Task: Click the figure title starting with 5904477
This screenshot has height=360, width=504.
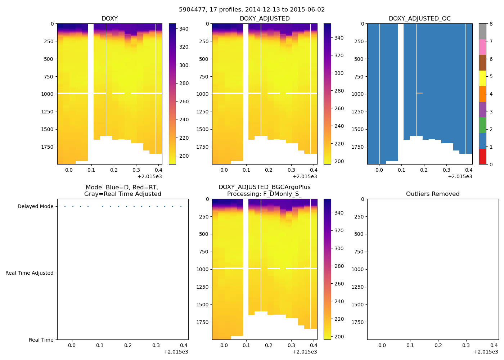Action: (x=252, y=9)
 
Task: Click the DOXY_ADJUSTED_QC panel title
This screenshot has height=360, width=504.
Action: (x=419, y=18)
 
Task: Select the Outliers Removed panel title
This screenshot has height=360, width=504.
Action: (x=432, y=194)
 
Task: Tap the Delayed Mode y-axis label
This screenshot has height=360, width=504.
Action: (x=35, y=206)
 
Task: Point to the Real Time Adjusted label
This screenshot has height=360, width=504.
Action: (x=29, y=273)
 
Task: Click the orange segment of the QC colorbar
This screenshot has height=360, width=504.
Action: (x=482, y=94)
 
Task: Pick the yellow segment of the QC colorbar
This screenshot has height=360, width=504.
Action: (x=482, y=78)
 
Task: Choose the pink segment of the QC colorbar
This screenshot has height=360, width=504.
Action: (x=482, y=47)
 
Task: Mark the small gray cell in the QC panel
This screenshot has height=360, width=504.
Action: (x=419, y=93)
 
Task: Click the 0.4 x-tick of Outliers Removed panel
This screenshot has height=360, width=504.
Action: (x=494, y=345)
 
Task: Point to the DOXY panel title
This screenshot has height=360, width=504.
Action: (x=109, y=18)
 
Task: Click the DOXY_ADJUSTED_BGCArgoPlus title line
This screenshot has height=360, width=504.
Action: (x=264, y=187)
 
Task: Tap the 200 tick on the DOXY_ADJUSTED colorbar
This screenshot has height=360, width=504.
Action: (x=339, y=161)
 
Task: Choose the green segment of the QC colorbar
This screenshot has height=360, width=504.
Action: (x=482, y=125)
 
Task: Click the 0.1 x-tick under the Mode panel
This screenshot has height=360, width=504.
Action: (x=100, y=345)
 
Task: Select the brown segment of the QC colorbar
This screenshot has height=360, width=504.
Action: (x=482, y=63)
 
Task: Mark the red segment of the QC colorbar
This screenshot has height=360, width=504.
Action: (x=482, y=156)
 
